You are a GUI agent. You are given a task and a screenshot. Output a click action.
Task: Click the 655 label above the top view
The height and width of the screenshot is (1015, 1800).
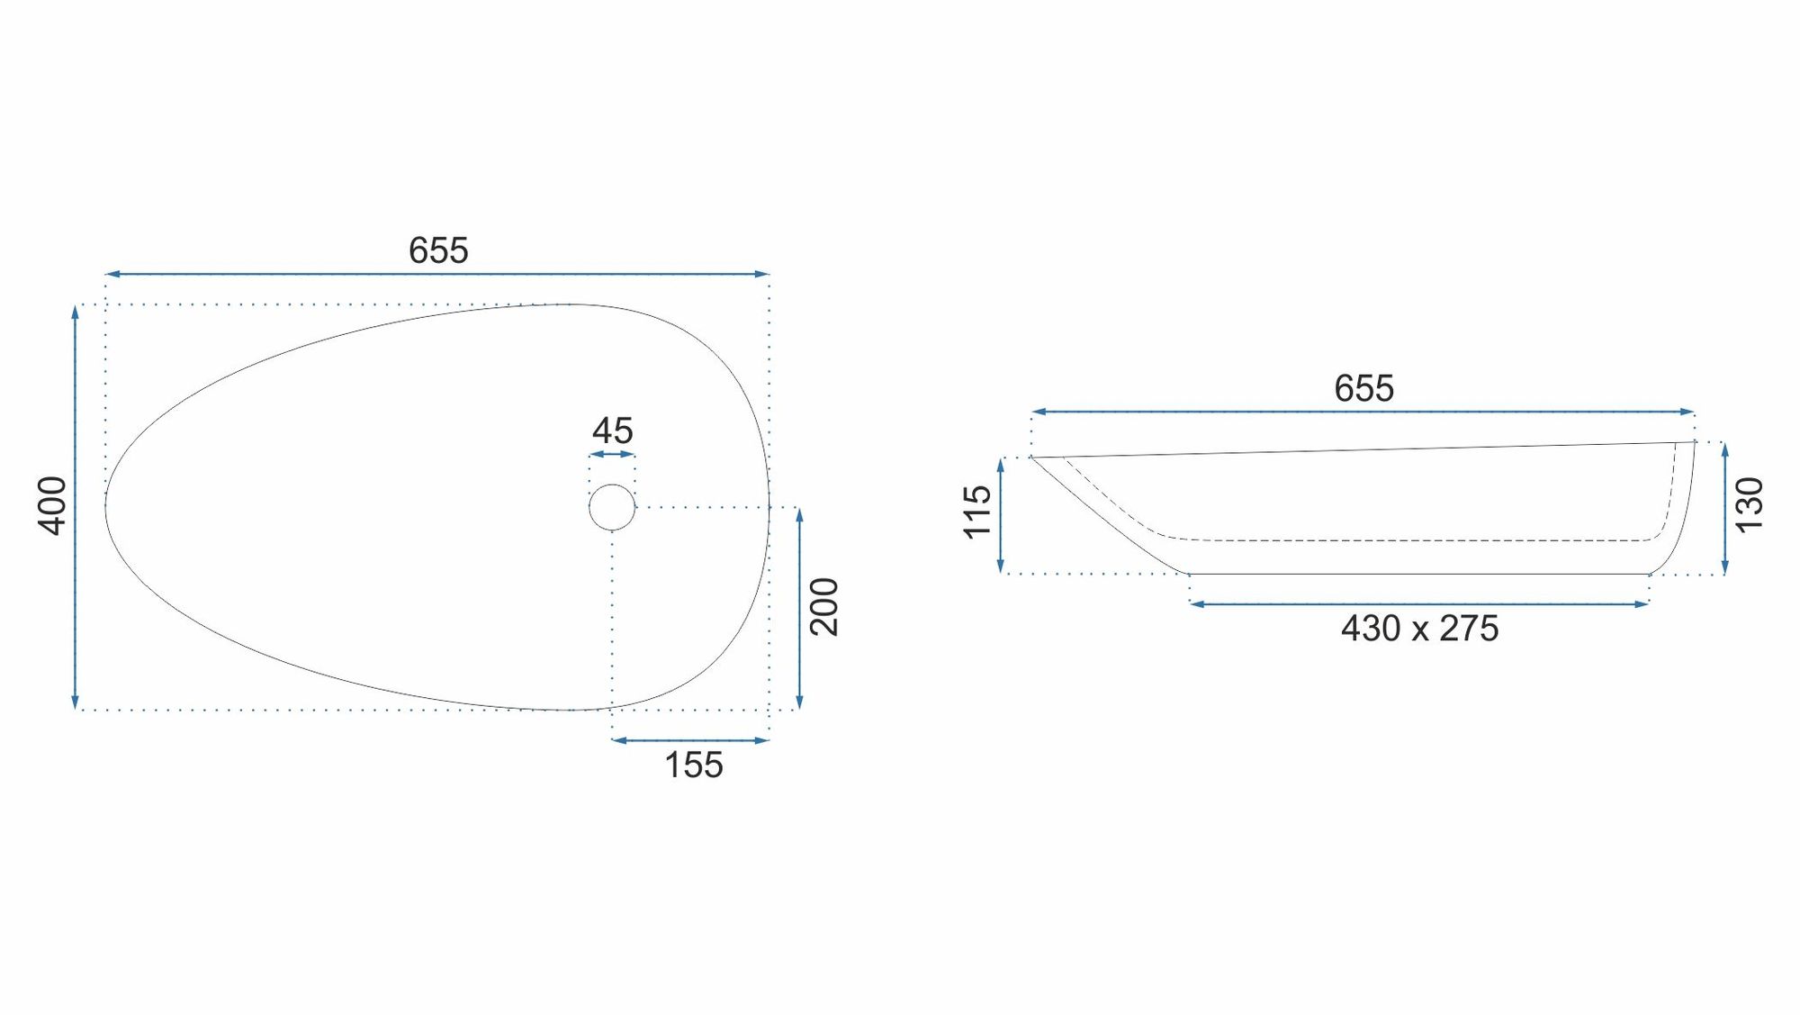click(438, 250)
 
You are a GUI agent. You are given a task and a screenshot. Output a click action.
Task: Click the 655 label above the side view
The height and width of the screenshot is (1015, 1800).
click(1363, 388)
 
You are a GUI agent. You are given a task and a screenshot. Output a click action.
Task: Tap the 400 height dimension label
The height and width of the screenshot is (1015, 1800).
click(52, 506)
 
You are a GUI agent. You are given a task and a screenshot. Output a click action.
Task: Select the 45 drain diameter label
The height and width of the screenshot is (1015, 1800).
click(612, 430)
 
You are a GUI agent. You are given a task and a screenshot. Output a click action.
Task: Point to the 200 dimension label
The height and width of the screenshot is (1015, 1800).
click(824, 607)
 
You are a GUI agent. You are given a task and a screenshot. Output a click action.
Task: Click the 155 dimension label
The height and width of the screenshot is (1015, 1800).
click(694, 766)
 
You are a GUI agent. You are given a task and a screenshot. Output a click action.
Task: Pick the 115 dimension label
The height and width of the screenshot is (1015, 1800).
click(977, 512)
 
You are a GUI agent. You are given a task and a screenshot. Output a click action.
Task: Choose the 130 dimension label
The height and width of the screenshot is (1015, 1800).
click(1749, 505)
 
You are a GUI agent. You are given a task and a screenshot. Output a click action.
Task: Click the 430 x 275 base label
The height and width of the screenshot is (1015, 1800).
click(1419, 629)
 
